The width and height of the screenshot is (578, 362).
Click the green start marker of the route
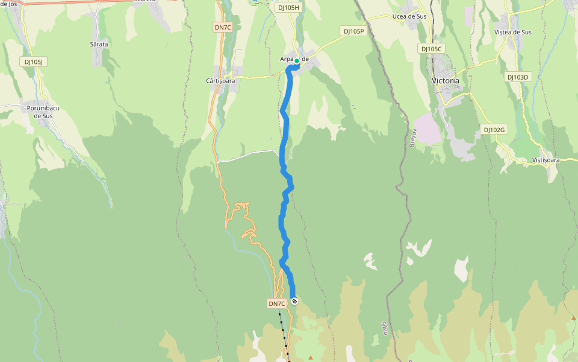coord(297,61)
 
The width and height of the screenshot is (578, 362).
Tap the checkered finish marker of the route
coord(294,301)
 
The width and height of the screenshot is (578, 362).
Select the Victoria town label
coord(446,80)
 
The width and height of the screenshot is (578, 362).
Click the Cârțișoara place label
coord(220,80)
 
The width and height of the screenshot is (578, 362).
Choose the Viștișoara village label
coord(546,160)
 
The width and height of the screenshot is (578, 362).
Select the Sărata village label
coord(99,44)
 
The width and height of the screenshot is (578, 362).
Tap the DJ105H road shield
coord(288,8)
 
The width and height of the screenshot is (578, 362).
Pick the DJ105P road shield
coord(353,31)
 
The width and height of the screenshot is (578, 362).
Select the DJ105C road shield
coord(431,48)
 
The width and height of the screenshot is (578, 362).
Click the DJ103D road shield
coord(517,77)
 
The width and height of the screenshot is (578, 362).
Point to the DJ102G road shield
coord(495,130)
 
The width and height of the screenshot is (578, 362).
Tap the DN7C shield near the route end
coord(277,303)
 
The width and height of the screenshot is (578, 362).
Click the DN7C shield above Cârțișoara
coord(222,27)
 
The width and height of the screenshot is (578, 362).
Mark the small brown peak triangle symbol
coord(311,357)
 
